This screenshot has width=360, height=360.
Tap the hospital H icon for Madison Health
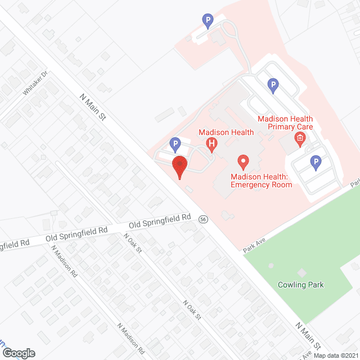coord(211,144)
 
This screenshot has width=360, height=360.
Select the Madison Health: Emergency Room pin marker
coord(243,162)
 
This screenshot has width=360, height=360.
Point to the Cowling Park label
coord(301,285)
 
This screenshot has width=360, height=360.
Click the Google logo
coord(18,353)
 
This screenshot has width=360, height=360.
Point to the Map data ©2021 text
coord(335,355)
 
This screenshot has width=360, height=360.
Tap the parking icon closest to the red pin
coord(175,144)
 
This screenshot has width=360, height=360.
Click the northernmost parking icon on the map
coord(208,21)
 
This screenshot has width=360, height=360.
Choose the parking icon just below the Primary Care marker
coord(316,163)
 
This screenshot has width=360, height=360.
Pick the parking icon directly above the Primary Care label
coord(273,85)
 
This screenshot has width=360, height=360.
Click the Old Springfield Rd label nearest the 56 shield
coord(160,220)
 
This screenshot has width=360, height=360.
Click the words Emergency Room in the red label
coord(261,184)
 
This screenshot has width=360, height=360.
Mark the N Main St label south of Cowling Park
coord(308,335)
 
